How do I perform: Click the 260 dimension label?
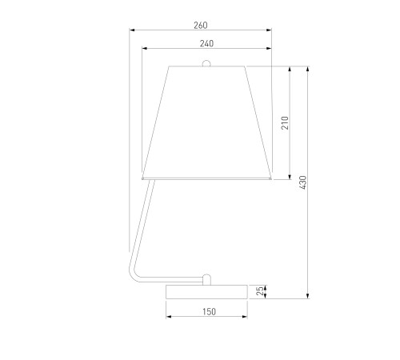pos(201,26)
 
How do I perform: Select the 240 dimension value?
pos(206,43)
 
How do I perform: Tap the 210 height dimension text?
pos(285,122)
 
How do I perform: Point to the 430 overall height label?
pos(303,182)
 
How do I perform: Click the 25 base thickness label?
pos(260,290)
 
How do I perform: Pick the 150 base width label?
pos(209,311)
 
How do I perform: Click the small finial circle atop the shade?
pos(206,63)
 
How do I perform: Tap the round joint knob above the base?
pos(206,279)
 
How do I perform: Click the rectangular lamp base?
pos(206,292)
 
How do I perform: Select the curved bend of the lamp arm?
pos(133,274)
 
